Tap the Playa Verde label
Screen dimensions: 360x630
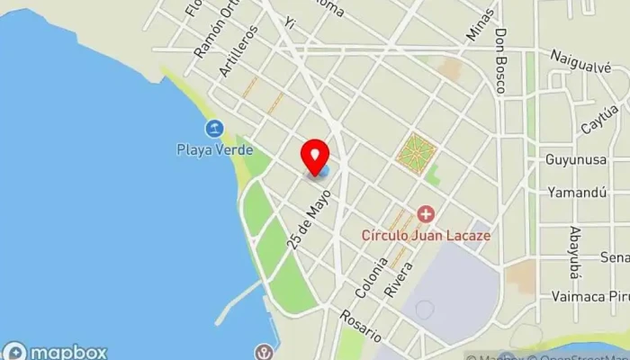coord(214,150)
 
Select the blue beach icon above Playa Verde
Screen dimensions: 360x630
coord(214,129)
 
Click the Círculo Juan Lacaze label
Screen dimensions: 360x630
coord(426,235)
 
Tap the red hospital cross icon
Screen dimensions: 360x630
coord(425,214)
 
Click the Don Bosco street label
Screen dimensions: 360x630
coord(500,60)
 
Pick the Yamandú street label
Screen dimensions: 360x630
coord(576,192)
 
